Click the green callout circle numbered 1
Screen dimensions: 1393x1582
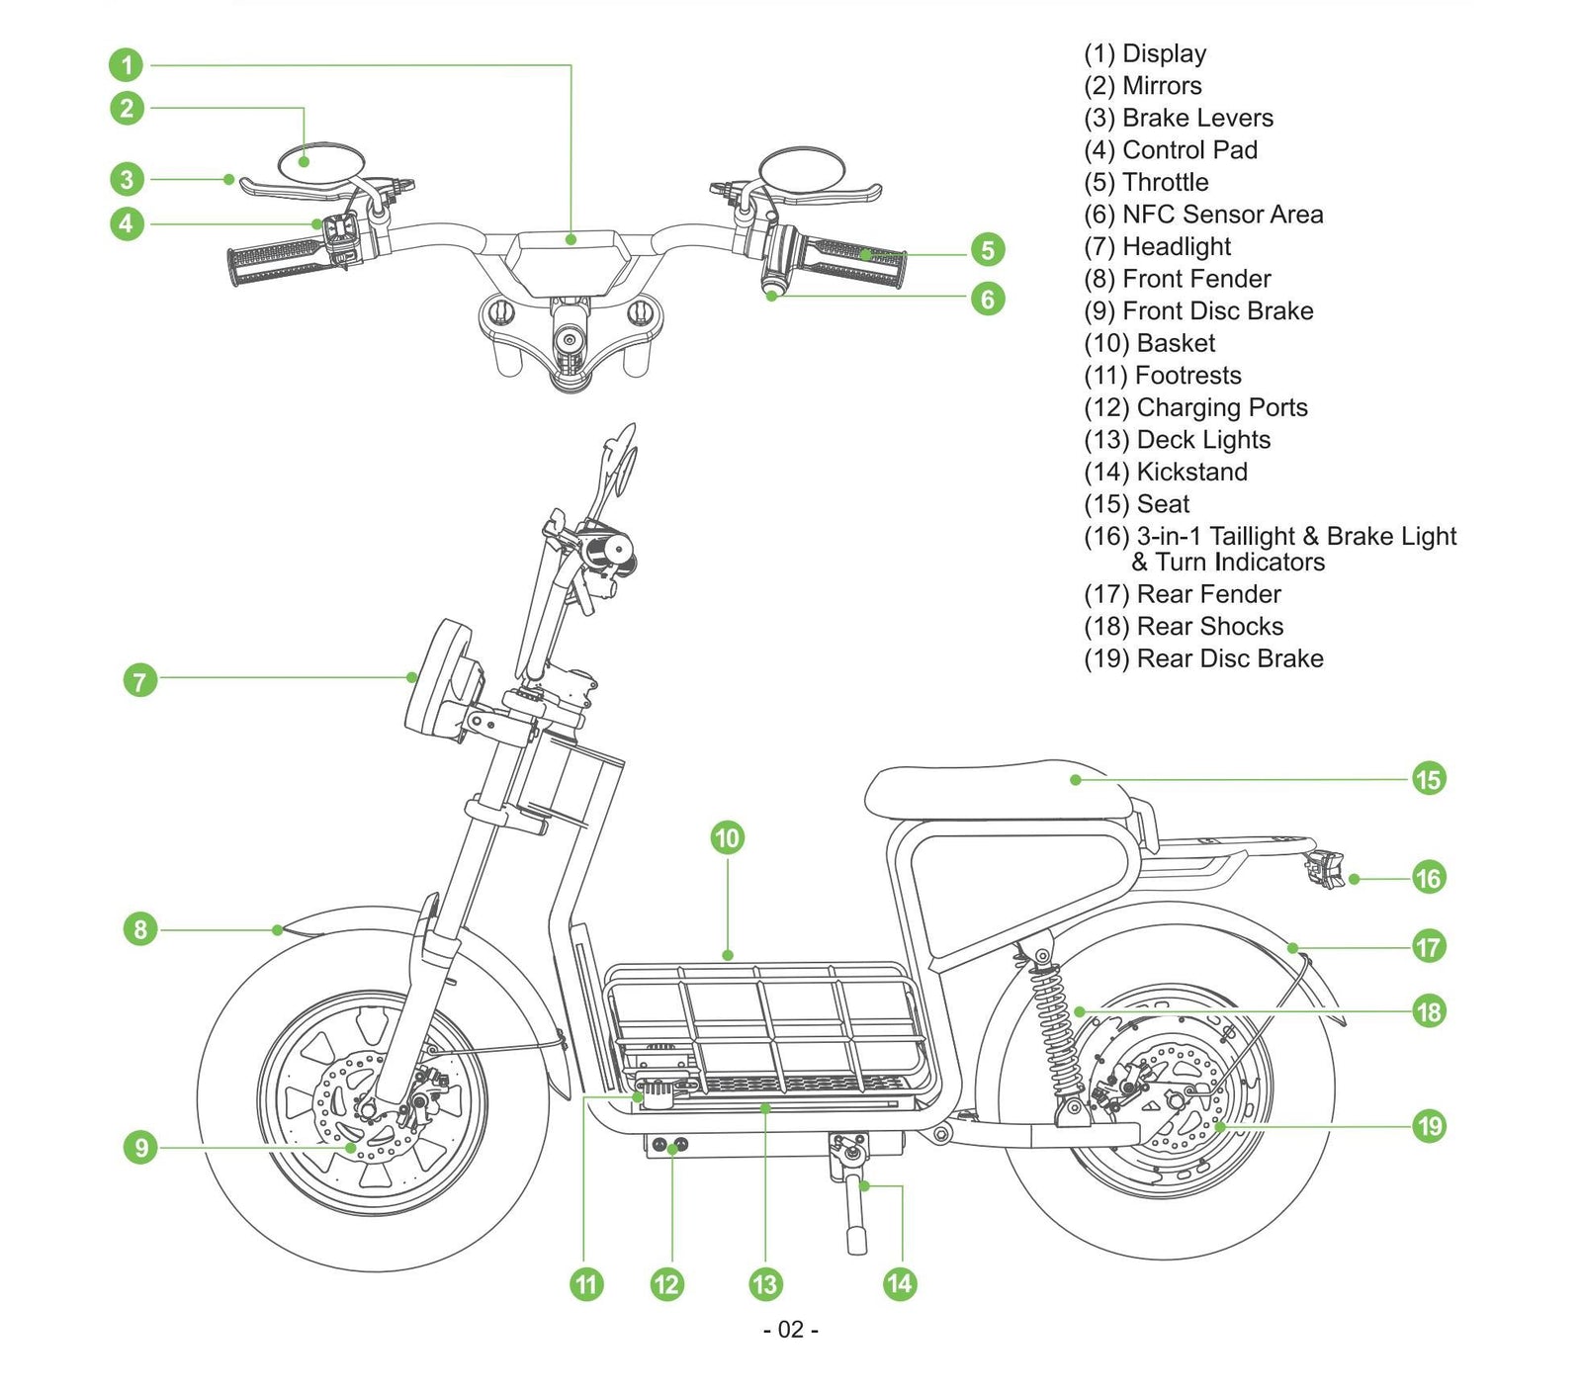[127, 65]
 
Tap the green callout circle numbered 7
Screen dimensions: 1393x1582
[140, 680]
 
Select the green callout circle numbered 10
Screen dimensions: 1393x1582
[727, 838]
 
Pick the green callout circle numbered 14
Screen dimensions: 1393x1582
[899, 1283]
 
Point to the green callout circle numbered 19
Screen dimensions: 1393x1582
[1429, 1125]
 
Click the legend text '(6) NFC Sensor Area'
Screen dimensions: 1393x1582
[1202, 215]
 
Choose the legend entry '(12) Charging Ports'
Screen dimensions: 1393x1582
[1195, 407]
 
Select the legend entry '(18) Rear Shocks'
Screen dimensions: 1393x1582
[1184, 626]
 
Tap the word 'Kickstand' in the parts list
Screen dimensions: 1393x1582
[1191, 472]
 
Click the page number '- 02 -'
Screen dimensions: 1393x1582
[791, 1330]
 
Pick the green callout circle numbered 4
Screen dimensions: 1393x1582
[127, 223]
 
